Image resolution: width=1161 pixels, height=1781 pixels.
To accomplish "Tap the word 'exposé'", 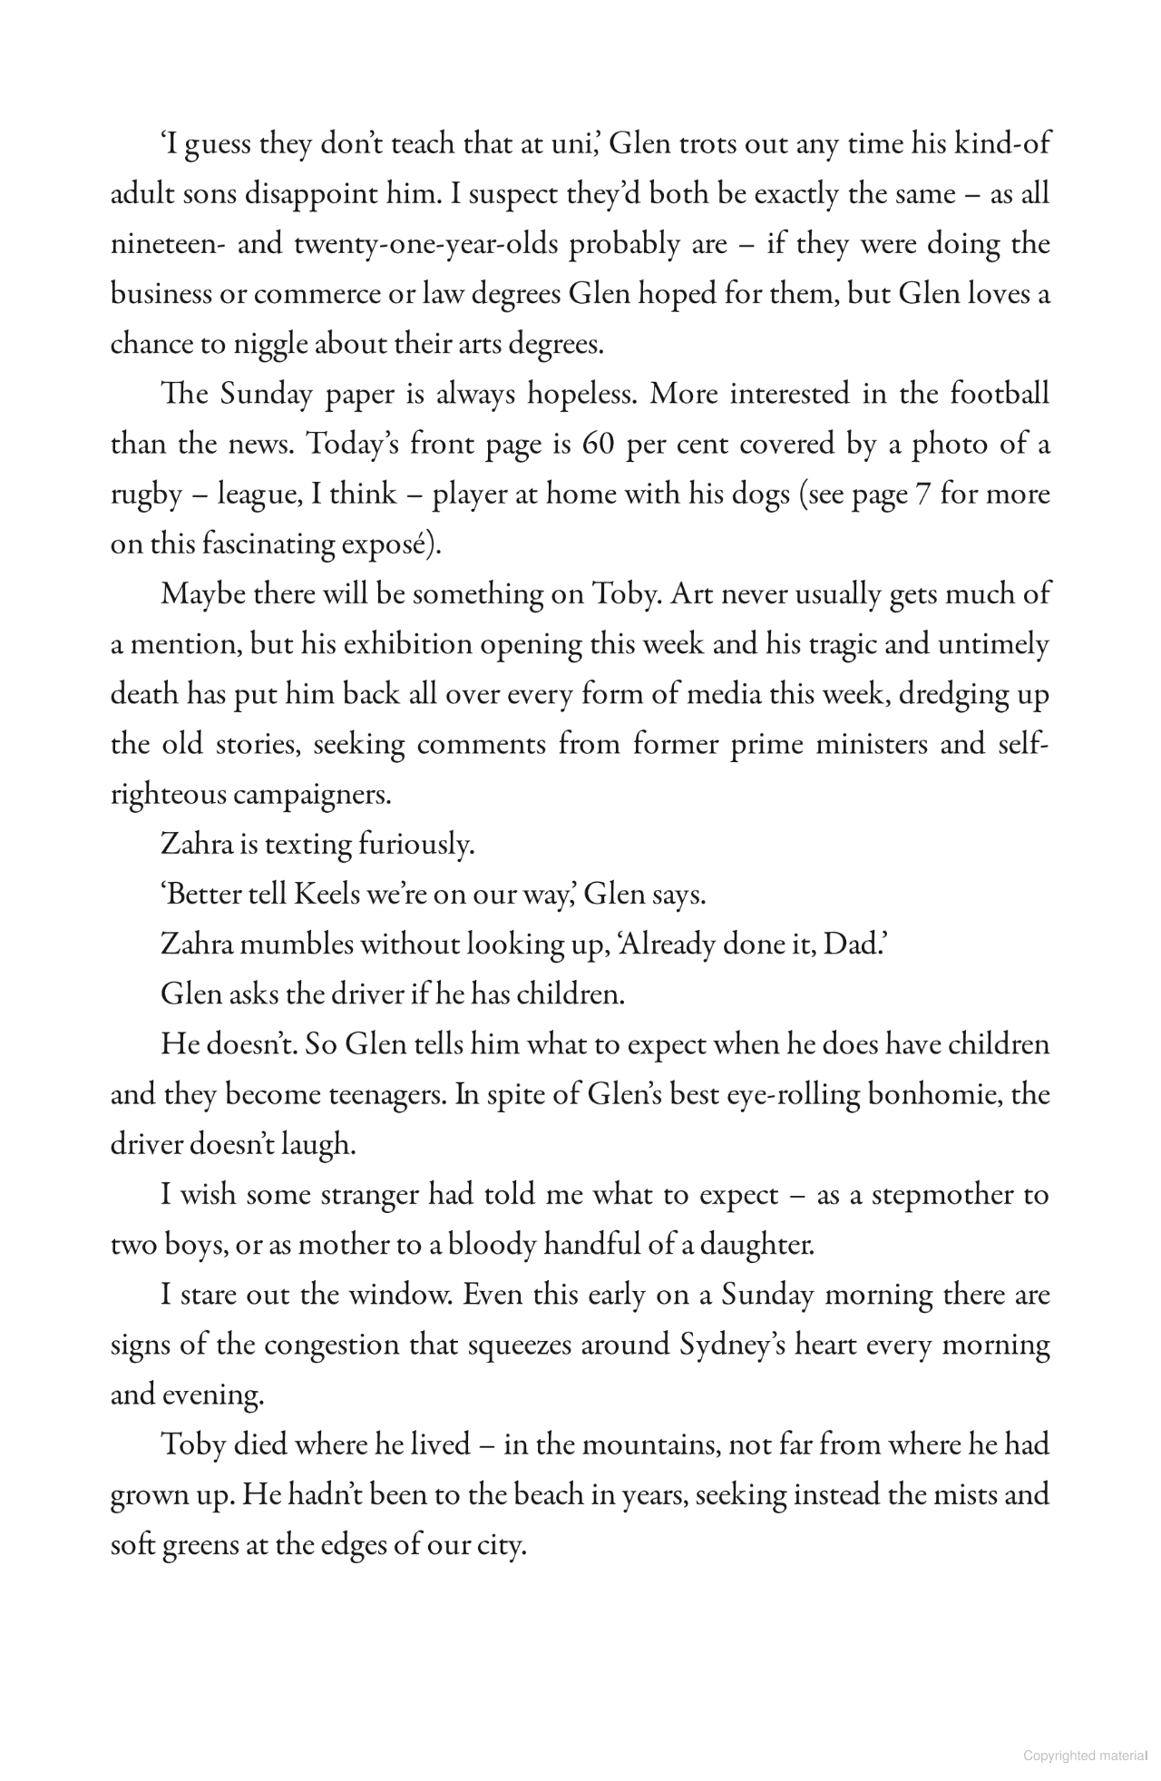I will (378, 545).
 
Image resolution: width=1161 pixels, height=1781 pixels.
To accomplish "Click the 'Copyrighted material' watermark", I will (1084, 1757).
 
